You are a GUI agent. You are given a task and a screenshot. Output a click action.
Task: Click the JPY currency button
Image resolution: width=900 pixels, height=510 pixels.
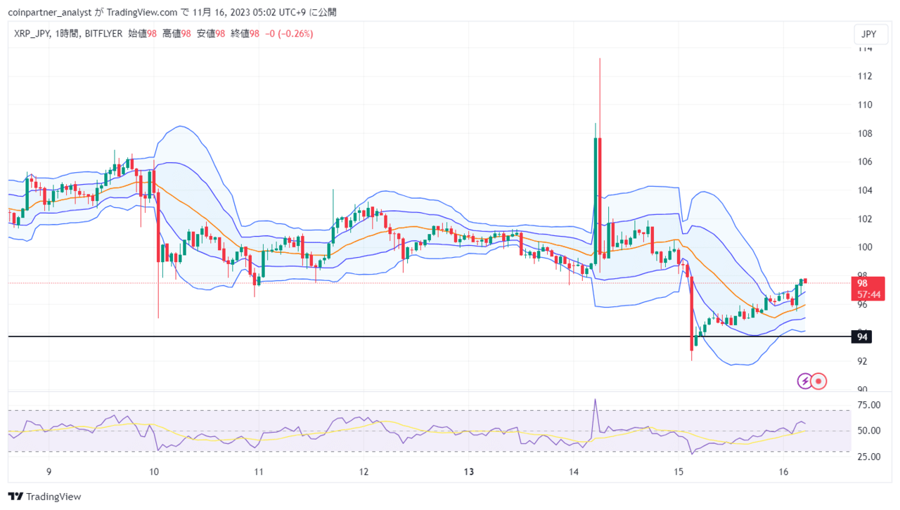click(x=870, y=34)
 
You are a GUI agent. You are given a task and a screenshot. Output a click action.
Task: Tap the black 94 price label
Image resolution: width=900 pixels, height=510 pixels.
click(x=861, y=336)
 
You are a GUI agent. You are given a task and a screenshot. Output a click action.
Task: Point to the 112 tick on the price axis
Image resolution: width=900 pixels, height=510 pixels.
click(x=865, y=77)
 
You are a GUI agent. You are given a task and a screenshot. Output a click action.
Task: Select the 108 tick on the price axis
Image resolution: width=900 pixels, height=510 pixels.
click(x=865, y=133)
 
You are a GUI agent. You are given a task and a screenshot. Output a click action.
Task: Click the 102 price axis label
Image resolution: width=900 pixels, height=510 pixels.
click(x=865, y=219)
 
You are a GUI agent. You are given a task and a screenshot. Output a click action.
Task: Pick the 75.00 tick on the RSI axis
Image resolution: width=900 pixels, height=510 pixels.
click(x=868, y=405)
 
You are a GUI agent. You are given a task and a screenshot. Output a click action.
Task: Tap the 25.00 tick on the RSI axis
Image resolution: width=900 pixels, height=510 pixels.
click(x=868, y=457)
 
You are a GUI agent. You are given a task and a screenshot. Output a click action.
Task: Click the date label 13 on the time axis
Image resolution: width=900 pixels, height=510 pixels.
click(x=469, y=471)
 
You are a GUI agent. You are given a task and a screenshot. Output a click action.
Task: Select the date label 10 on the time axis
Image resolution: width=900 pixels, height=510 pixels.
click(x=154, y=471)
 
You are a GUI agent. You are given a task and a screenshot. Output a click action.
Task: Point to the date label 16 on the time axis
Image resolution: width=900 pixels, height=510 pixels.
click(x=783, y=471)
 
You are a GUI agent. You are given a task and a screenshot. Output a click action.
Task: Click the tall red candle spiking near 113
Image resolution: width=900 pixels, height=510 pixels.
click(x=600, y=164)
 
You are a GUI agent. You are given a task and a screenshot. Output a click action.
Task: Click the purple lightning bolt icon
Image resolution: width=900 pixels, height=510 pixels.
click(x=805, y=381)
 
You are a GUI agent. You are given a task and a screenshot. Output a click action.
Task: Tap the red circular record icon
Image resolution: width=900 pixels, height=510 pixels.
click(x=818, y=381)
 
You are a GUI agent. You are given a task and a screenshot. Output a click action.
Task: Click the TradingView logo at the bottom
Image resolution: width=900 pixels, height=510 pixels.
click(x=44, y=497)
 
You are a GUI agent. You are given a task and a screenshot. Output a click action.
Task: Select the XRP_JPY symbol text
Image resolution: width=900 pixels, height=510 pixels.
click(x=32, y=34)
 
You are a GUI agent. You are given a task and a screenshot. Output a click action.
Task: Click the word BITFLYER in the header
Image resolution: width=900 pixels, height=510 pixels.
click(x=103, y=34)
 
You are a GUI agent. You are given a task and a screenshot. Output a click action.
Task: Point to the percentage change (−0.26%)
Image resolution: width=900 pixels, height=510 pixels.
click(x=297, y=34)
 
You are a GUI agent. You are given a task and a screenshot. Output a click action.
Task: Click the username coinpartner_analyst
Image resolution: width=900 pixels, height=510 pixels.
click(x=50, y=13)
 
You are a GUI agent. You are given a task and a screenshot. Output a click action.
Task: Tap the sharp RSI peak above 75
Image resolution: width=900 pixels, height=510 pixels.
click(x=595, y=400)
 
